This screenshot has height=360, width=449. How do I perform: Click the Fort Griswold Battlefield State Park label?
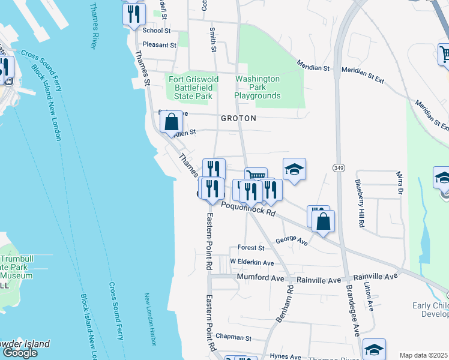click(190, 88)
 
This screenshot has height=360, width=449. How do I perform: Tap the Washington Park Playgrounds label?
click(258, 87)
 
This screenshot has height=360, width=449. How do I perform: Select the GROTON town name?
click(238, 118)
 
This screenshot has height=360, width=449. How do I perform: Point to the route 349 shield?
click(337, 166)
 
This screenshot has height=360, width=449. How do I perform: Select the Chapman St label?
click(233, 338)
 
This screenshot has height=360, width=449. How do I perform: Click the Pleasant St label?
click(159, 44)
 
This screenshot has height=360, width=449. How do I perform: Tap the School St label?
click(157, 30)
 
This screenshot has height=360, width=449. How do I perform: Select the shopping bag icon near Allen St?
click(172, 122)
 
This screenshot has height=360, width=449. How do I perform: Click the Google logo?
click(20, 353)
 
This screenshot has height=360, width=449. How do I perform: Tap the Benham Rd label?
click(285, 304)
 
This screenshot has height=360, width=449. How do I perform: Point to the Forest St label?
click(250, 248)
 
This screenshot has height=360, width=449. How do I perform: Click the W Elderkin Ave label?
click(253, 263)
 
